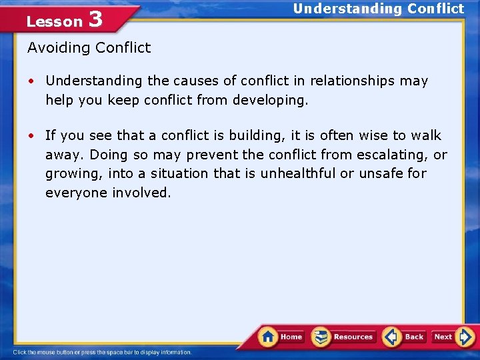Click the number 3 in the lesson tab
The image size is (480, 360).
(x=95, y=19)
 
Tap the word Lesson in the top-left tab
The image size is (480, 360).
(x=54, y=21)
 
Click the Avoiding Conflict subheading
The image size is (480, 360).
(x=89, y=47)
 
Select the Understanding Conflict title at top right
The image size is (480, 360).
(x=378, y=9)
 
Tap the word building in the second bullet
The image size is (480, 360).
(x=253, y=135)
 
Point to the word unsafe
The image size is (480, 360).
(x=379, y=173)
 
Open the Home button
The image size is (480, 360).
(x=281, y=337)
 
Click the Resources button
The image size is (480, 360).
(x=344, y=337)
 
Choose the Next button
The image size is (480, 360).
(x=452, y=337)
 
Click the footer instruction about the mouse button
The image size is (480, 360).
(x=102, y=352)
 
